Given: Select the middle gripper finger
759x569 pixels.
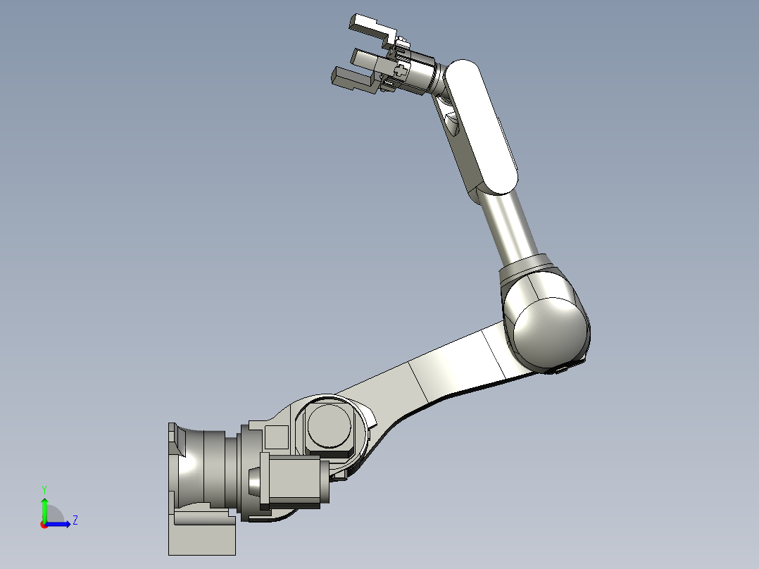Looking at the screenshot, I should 366,58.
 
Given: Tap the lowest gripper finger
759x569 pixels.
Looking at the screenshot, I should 352,80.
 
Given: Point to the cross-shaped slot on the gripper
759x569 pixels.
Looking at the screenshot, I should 402,69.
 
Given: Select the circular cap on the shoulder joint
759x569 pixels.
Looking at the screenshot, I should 330,425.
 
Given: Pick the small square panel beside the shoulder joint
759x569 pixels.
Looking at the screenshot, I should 277,437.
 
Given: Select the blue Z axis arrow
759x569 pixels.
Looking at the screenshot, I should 60,523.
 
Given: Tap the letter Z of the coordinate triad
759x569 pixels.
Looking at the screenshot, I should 75,520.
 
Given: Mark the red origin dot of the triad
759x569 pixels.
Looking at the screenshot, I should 44,524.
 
